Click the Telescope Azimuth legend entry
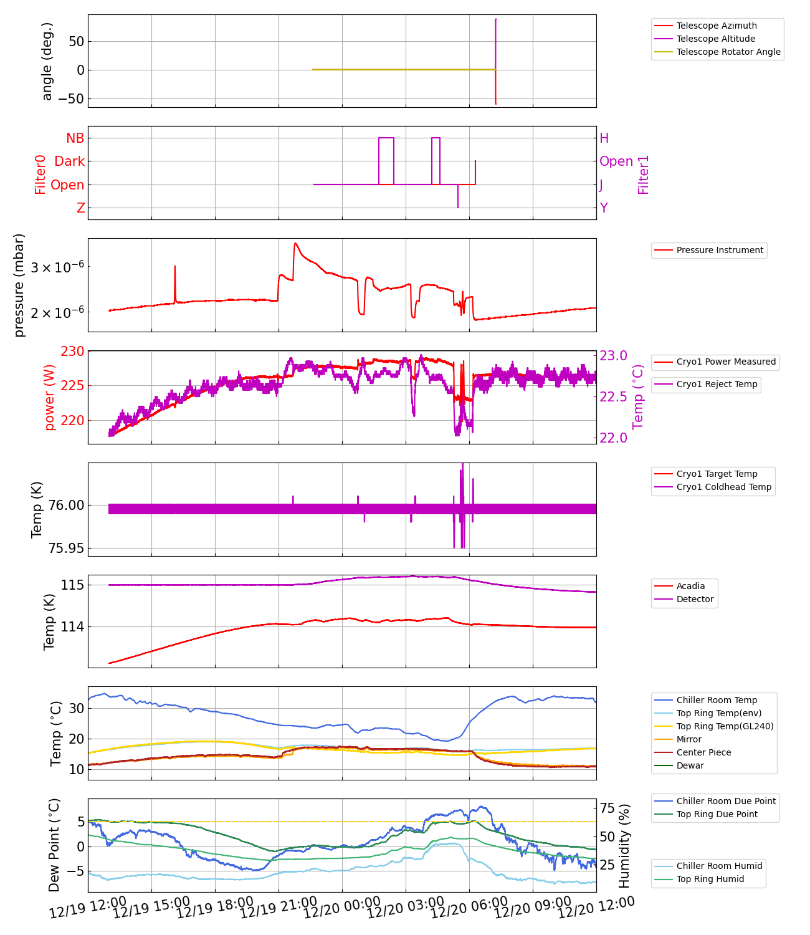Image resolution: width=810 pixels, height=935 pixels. [717, 26]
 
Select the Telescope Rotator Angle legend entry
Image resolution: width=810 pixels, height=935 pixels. [728, 52]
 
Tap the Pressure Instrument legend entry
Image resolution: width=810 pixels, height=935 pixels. [720, 250]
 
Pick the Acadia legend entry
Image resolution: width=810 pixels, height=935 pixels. [690, 586]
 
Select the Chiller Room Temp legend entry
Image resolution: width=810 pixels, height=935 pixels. [717, 700]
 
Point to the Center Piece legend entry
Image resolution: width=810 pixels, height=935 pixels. [703, 752]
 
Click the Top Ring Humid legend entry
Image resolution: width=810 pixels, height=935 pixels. [710, 879]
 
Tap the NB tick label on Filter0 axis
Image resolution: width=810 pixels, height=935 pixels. [75, 138]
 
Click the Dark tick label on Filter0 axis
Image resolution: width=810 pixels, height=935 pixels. [69, 161]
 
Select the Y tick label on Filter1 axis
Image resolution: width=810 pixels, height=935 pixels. [604, 208]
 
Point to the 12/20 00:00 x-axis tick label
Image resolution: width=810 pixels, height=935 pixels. [342, 908]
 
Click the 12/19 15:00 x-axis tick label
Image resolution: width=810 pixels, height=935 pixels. [151, 908]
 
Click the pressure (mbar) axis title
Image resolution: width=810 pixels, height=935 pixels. [19, 285]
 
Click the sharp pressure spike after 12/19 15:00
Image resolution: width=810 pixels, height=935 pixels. [175, 267]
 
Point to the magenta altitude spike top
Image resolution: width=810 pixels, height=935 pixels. [496, 19]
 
